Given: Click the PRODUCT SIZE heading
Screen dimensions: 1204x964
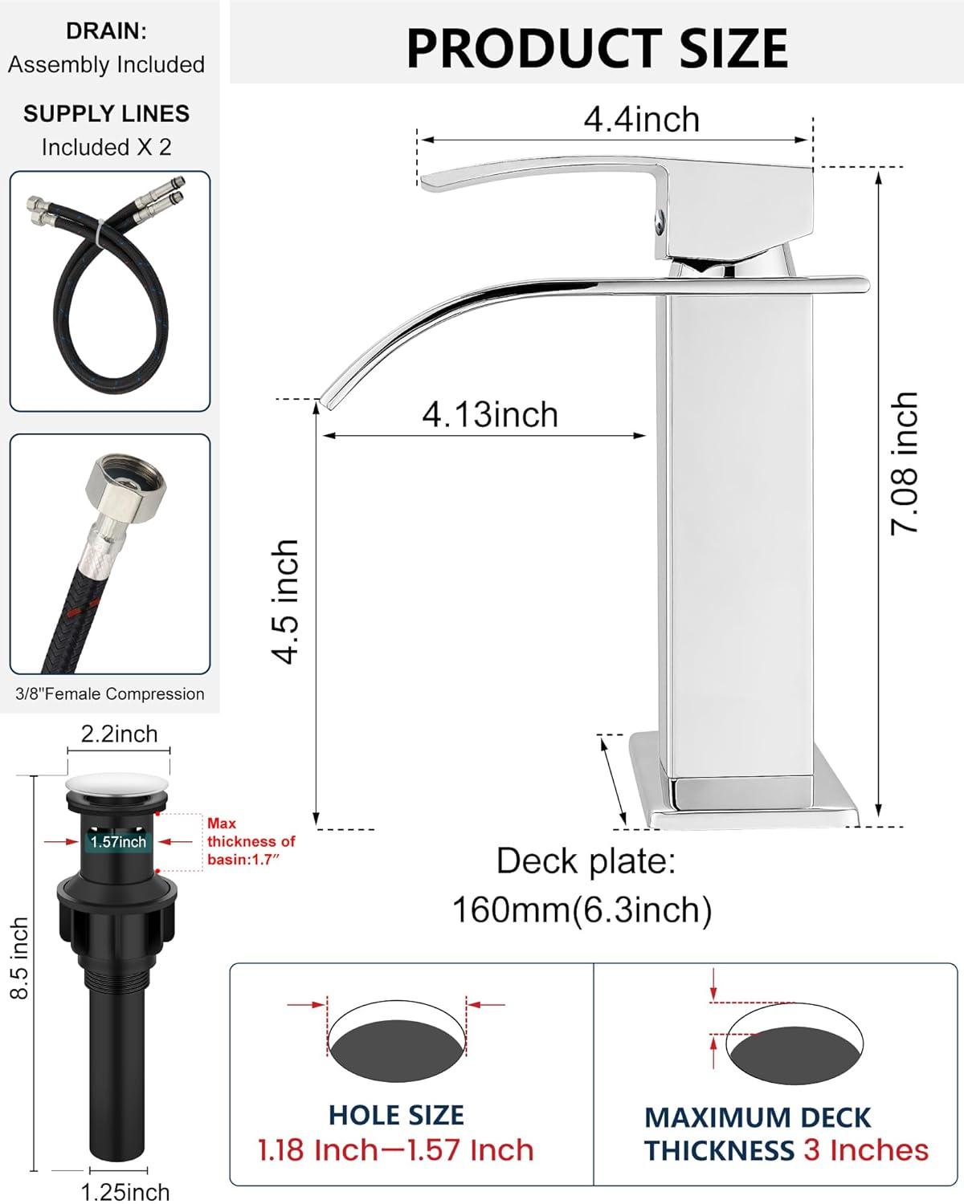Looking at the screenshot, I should pyautogui.click(x=597, y=48).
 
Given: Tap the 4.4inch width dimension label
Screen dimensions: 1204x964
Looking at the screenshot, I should pyautogui.click(x=641, y=120).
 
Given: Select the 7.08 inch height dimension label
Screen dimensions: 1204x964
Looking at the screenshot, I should pyautogui.click(x=905, y=463).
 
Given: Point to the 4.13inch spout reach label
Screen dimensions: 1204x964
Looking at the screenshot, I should pyautogui.click(x=490, y=415).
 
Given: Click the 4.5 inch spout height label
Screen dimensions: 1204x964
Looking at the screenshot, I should pyautogui.click(x=286, y=602).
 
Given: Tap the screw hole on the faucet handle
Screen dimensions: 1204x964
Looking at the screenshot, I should pyautogui.click(x=660, y=219).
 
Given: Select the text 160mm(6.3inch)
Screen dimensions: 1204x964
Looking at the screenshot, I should pyautogui.click(x=582, y=910).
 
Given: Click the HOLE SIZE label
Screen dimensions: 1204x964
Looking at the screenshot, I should pyautogui.click(x=396, y=1115).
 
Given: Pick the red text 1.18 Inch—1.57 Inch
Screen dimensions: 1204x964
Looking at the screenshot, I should pyautogui.click(x=395, y=1150).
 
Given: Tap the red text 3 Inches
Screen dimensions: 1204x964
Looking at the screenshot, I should pyautogui.click(x=866, y=1150).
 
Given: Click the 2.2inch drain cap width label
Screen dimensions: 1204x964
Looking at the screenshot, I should pyautogui.click(x=119, y=734).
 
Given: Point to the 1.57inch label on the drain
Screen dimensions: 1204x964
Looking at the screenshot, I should pyautogui.click(x=118, y=841).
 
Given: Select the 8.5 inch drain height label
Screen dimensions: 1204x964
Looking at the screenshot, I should pyautogui.click(x=19, y=958).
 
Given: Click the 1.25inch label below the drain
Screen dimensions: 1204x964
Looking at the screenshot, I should pyautogui.click(x=125, y=1191).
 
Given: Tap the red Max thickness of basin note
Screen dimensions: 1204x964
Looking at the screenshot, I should pyautogui.click(x=251, y=841).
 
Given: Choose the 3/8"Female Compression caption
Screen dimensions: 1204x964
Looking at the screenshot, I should pyautogui.click(x=110, y=694).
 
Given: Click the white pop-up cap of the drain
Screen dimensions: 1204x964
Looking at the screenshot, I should pyautogui.click(x=117, y=785).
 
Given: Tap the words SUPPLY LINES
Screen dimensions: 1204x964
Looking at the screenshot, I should pyautogui.click(x=106, y=114).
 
